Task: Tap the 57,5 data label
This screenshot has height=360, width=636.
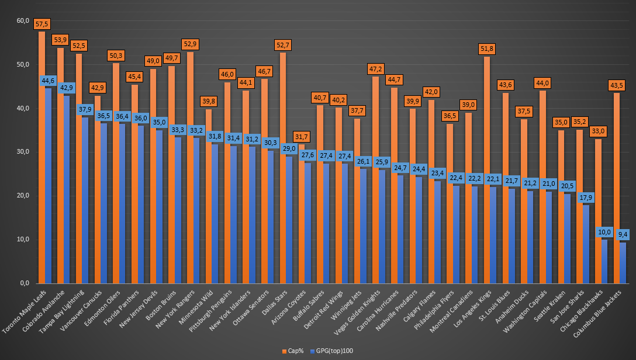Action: [x=42, y=24]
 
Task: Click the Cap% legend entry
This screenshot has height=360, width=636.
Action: [x=293, y=351]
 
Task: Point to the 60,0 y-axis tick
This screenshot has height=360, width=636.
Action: [x=23, y=21]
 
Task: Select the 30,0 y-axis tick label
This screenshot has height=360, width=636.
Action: [x=23, y=152]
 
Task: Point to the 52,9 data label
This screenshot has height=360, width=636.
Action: [x=191, y=44]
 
